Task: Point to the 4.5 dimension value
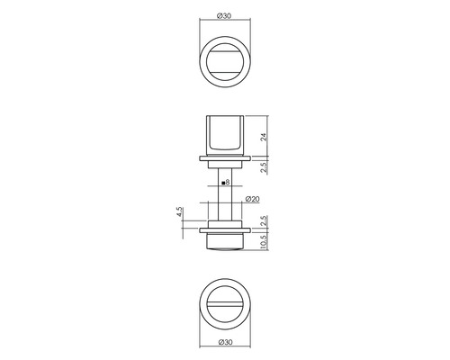(181, 214)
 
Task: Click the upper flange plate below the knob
(224, 160)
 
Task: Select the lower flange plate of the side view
(224, 230)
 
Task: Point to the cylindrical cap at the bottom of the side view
(224, 241)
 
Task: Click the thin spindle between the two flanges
(224, 193)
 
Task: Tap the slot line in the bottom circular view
(224, 306)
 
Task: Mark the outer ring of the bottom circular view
(199, 307)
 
